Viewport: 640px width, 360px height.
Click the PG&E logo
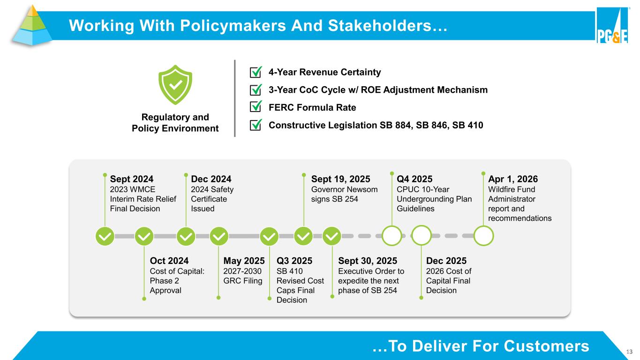(612, 25)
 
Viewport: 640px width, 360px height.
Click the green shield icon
(175, 85)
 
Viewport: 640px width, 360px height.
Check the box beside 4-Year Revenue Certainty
(256, 72)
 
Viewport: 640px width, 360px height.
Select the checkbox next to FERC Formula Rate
(256, 107)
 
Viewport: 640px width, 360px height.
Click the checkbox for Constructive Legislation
(256, 125)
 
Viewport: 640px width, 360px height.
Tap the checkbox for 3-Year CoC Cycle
(256, 90)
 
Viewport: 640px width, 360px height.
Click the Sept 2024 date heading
(132, 179)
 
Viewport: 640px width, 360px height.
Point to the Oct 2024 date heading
(169, 261)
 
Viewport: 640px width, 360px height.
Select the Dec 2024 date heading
(211, 179)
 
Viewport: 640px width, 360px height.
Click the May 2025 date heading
(244, 261)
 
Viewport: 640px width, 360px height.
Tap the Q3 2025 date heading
(294, 261)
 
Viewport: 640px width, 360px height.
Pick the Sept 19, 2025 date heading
(340, 179)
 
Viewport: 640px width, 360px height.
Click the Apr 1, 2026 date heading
(513, 179)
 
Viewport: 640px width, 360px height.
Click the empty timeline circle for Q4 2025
(392, 236)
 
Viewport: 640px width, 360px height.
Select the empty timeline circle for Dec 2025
(421, 235)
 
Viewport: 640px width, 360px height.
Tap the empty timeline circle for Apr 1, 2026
(483, 236)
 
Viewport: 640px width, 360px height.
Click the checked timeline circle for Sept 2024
(105, 236)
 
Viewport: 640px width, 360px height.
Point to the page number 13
(629, 352)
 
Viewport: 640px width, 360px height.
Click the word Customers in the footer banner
(546, 346)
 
